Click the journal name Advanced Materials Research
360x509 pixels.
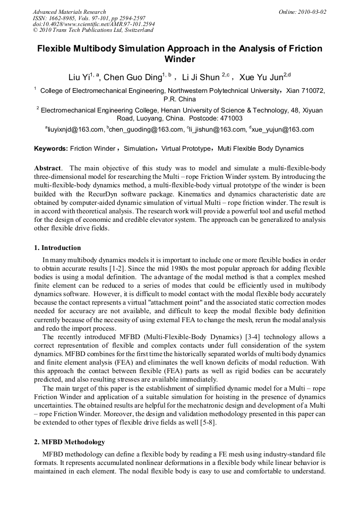coord(69,12)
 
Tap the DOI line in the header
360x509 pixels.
coord(93,24)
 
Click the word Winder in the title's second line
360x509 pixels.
coord(179,59)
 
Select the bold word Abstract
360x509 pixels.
coord(47,168)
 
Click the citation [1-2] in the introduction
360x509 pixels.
coord(109,268)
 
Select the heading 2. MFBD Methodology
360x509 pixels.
coord(69,442)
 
